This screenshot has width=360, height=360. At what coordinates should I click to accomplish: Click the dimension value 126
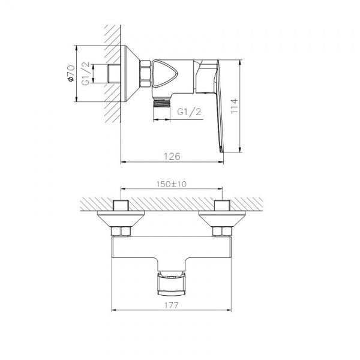[x=172, y=156]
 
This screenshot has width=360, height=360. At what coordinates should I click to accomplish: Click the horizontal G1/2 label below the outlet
[x=190, y=112]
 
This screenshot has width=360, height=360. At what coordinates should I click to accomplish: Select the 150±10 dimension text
[x=172, y=184]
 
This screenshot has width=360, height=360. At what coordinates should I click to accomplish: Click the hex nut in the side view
[x=145, y=74]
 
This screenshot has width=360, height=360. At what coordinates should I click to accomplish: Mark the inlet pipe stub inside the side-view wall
[x=112, y=74]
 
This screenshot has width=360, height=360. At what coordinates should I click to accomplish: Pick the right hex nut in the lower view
[x=221, y=231]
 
